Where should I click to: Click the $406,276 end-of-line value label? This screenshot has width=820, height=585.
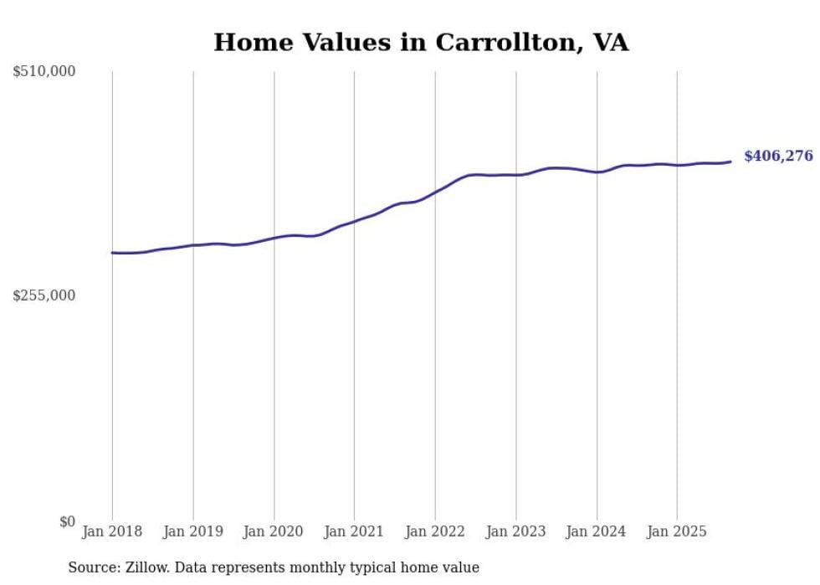[x=777, y=156]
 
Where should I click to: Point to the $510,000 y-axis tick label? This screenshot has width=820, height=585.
[x=44, y=72]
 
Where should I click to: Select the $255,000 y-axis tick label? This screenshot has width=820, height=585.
[x=44, y=295]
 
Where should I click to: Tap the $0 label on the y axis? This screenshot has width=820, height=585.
[x=67, y=521]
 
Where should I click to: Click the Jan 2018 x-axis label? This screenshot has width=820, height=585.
[x=112, y=531]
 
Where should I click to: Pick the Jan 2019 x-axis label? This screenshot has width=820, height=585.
[x=193, y=531]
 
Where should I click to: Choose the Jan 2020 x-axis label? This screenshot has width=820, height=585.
[x=274, y=531]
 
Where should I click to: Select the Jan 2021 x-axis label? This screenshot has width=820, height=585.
[x=354, y=531]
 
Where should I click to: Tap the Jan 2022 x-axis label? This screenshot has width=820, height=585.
[x=435, y=531]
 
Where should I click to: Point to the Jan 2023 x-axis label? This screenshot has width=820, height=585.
[x=515, y=531]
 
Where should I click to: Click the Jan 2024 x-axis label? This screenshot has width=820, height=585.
[x=597, y=531]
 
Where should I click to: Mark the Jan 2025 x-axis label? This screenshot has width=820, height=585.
[x=677, y=531]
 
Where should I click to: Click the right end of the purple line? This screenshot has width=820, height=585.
[x=730, y=162]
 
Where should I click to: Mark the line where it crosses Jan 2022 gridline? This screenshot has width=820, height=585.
[x=435, y=192]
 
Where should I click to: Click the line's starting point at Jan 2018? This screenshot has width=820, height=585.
[x=112, y=253]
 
